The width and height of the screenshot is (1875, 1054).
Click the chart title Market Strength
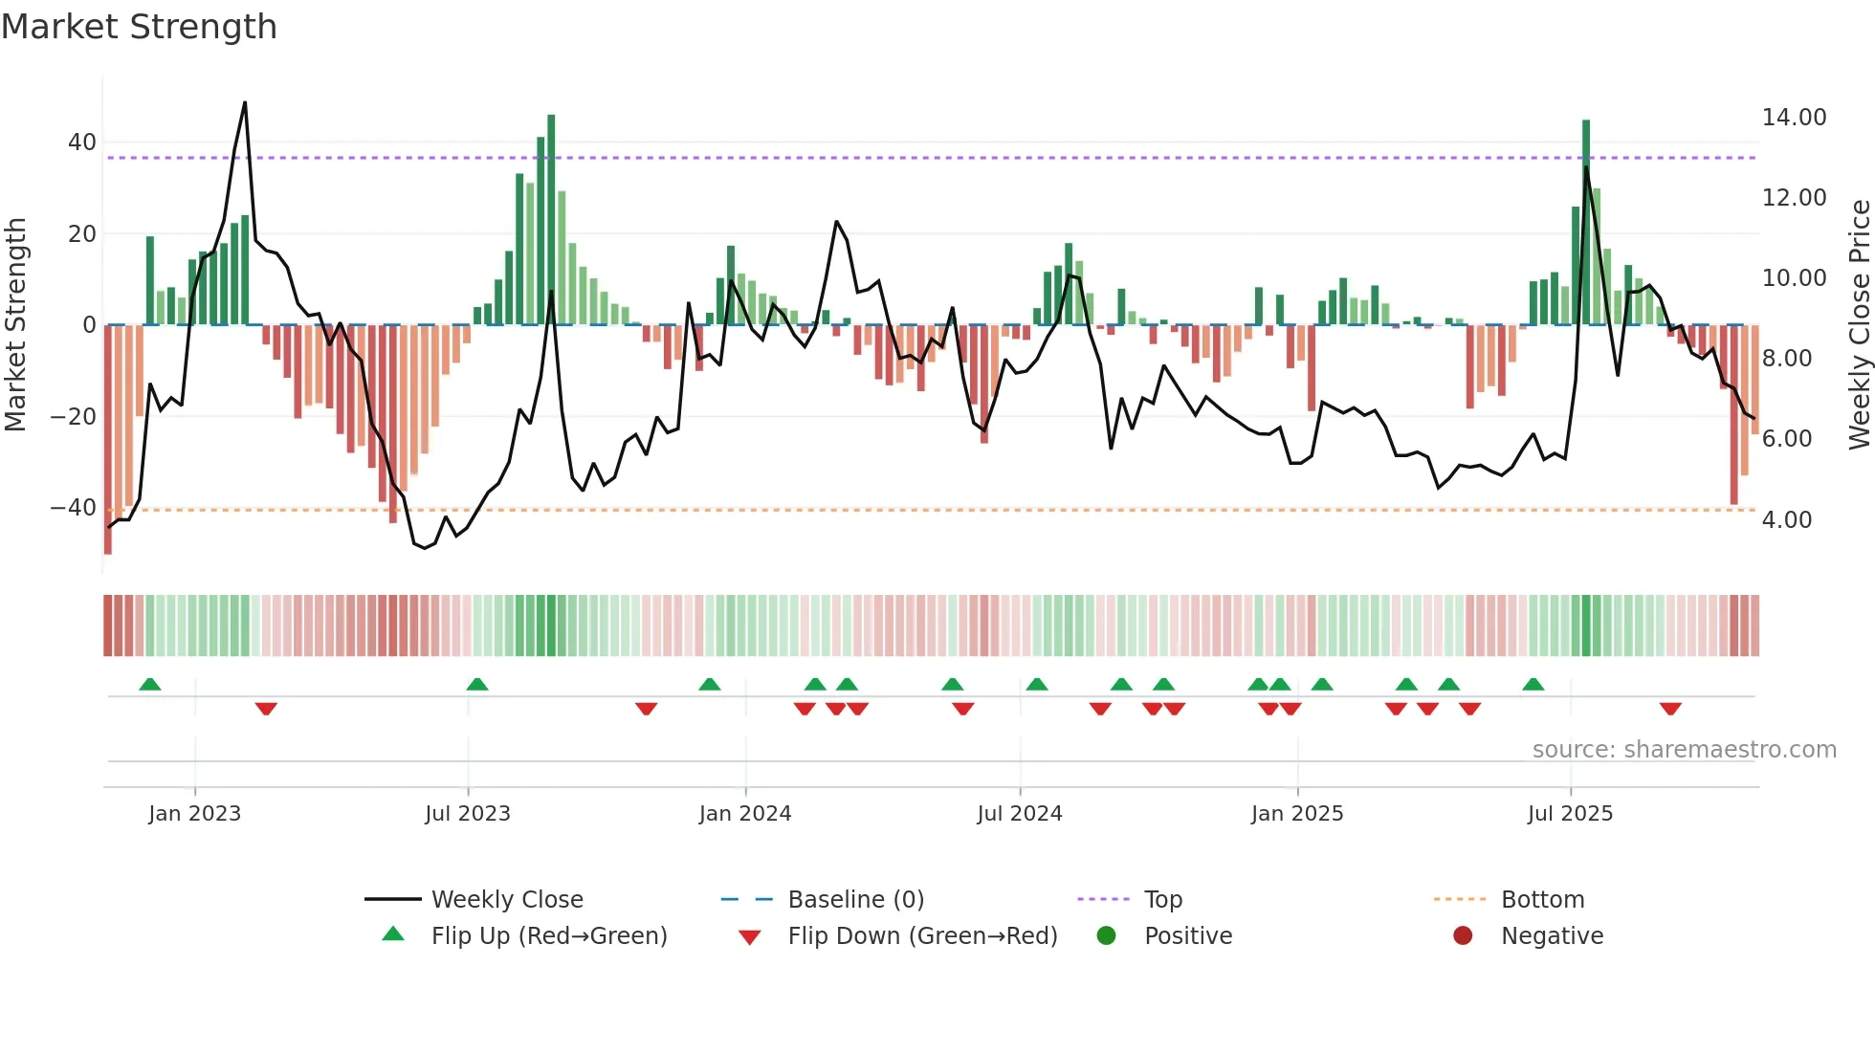click(x=139, y=27)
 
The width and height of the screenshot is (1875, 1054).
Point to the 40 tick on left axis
click(x=82, y=143)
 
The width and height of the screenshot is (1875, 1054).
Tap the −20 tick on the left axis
click(x=74, y=417)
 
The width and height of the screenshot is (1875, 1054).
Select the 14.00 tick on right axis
click(x=1794, y=118)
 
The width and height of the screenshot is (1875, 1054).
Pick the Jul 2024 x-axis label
click(x=1019, y=814)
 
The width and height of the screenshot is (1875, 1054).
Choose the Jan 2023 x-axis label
click(x=194, y=814)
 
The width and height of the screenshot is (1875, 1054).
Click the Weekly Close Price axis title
click(x=1859, y=325)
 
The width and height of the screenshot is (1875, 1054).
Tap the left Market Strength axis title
click(x=16, y=325)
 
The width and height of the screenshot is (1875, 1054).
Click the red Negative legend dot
click(x=1463, y=936)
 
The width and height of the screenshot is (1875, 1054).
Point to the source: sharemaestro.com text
click(x=1684, y=750)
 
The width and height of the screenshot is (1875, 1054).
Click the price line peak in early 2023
click(x=245, y=102)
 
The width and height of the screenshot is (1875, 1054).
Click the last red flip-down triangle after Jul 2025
click(x=1670, y=709)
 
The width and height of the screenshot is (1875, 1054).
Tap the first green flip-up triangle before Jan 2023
click(x=150, y=684)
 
